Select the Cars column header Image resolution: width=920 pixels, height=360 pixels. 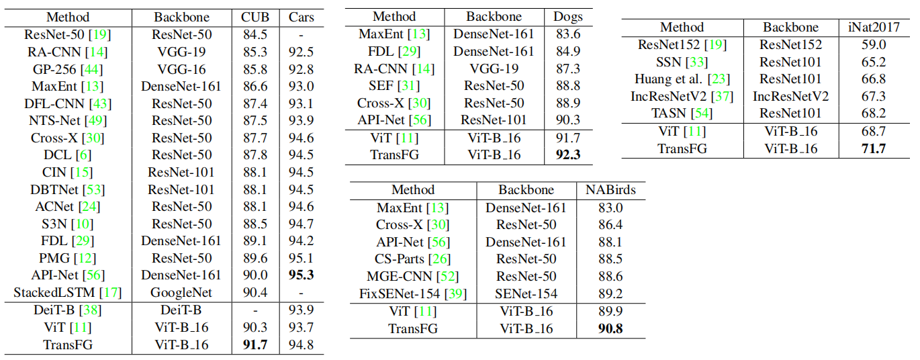click(302, 17)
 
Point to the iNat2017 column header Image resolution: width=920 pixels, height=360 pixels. click(873, 28)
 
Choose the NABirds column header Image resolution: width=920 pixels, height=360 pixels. click(610, 190)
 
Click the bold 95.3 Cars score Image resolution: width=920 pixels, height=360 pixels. click(302, 275)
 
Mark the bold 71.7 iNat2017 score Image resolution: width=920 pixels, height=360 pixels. click(873, 148)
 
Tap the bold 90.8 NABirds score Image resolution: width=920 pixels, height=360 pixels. click(610, 329)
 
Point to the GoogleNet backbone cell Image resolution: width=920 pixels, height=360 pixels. click(181, 293)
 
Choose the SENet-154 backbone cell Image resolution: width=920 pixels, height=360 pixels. click(526, 294)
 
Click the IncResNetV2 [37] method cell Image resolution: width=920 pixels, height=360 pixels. click(682, 97)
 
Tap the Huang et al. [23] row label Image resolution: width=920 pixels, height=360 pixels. click(682, 79)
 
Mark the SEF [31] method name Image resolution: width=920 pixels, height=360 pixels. click(394, 86)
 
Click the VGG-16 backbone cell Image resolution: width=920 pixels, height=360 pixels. click(181, 69)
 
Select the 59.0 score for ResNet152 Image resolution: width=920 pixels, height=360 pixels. click(873, 45)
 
